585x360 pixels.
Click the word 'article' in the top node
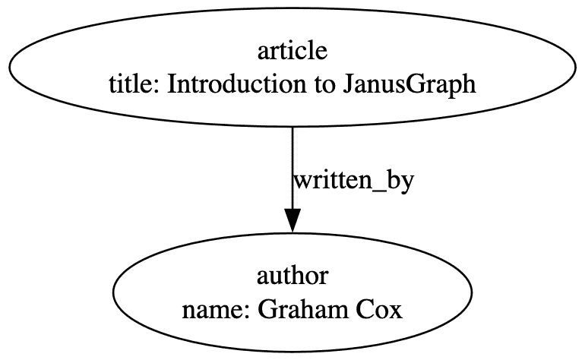point(292,51)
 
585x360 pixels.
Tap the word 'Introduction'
point(236,84)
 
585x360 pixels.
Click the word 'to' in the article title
point(324,85)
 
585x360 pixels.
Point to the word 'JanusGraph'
point(409,86)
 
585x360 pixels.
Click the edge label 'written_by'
point(354,182)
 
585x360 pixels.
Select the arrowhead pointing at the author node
point(292,220)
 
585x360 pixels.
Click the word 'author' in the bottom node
point(292,276)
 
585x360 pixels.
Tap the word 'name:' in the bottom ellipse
point(216,311)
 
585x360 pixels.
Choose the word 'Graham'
point(303,310)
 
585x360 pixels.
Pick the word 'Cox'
point(379,310)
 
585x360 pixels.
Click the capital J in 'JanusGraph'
point(347,84)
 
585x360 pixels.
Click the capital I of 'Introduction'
point(172,84)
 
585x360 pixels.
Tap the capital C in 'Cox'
point(365,310)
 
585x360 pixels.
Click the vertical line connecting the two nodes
point(292,169)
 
